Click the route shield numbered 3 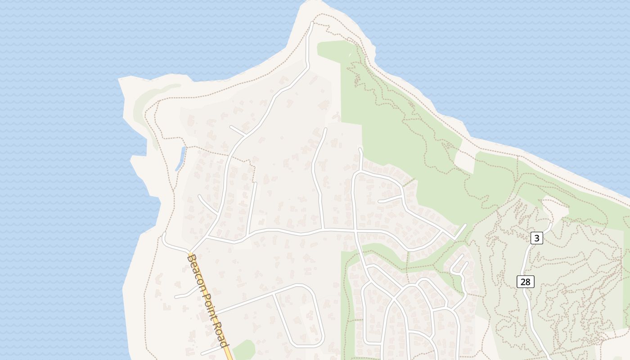coord(536,238)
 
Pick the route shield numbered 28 coord(525,282)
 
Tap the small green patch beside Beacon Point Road coord(243,350)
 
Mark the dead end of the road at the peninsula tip coord(311,22)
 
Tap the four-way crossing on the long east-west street coord(355,230)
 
